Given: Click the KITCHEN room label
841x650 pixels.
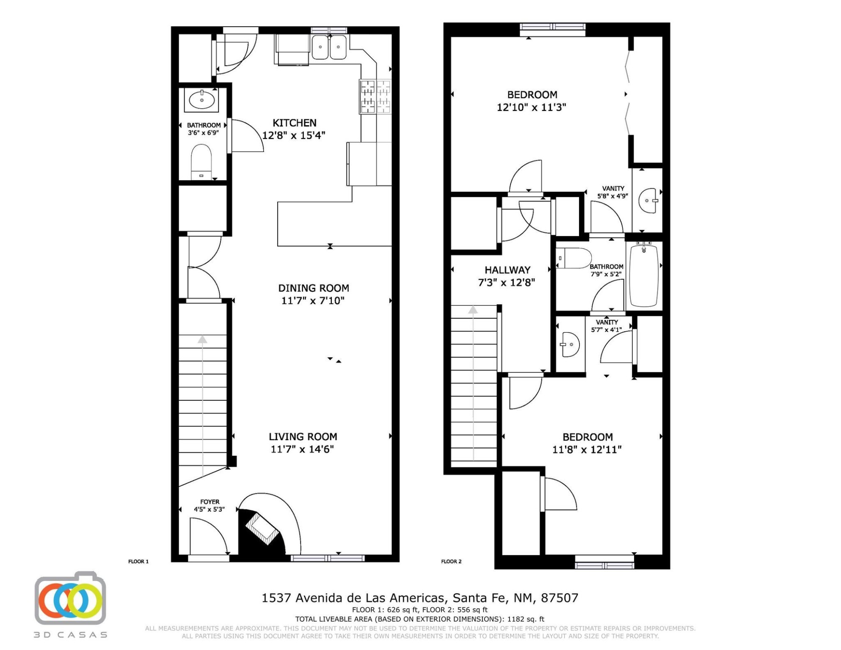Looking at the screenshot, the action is pyautogui.click(x=295, y=123).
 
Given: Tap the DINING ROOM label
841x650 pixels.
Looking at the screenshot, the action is pyautogui.click(x=314, y=288).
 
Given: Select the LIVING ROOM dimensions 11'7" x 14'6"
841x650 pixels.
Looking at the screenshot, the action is pyautogui.click(x=302, y=449).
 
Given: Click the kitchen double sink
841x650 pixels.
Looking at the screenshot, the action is pyautogui.click(x=329, y=47).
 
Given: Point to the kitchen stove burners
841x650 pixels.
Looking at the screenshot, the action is pyautogui.click(x=375, y=96).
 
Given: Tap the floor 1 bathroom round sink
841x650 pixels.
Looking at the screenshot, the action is pyautogui.click(x=201, y=100).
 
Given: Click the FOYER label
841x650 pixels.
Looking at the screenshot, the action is pyautogui.click(x=210, y=502).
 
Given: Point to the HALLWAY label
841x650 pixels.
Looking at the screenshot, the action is pyautogui.click(x=507, y=270).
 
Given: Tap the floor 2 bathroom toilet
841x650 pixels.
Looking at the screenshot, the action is pyautogui.click(x=574, y=258).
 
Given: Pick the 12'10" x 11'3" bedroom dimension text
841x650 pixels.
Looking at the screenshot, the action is pyautogui.click(x=531, y=107).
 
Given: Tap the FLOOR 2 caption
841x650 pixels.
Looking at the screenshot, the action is pyautogui.click(x=451, y=562).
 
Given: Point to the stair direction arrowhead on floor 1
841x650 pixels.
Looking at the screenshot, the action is pyautogui.click(x=202, y=339).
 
